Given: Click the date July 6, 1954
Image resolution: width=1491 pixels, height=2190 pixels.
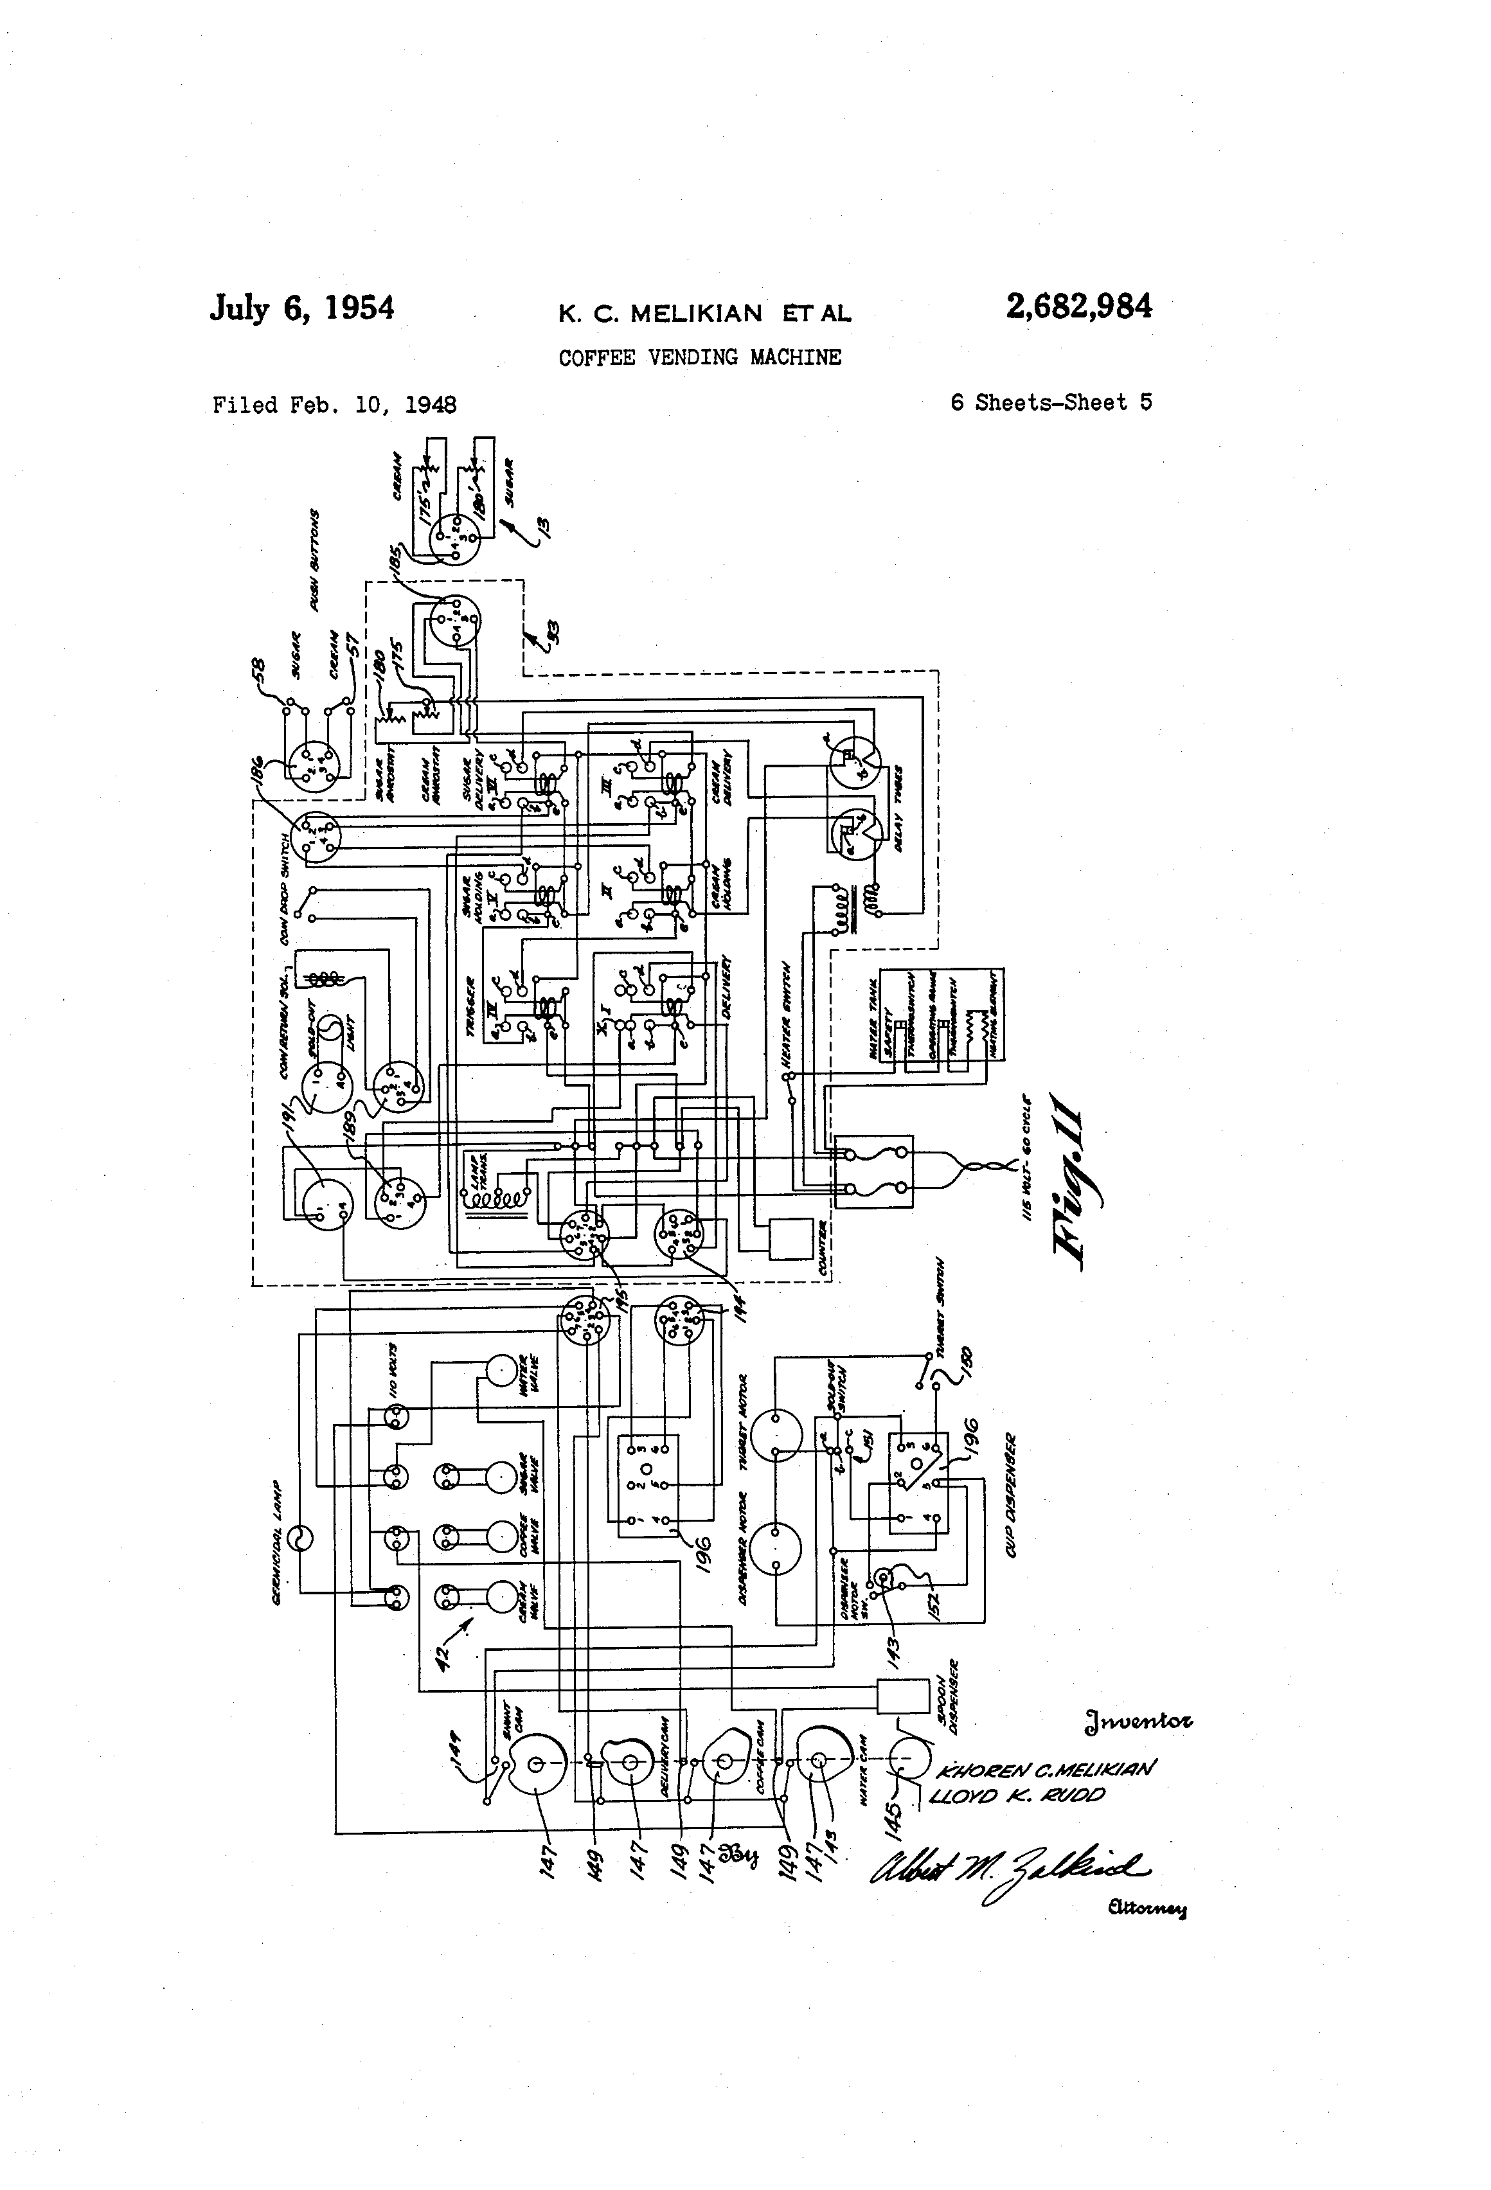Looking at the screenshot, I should coord(301,309).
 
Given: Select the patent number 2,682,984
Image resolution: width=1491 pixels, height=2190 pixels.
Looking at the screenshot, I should coord(1078,307).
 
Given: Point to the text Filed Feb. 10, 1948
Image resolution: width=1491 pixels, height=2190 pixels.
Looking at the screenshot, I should coord(335,405).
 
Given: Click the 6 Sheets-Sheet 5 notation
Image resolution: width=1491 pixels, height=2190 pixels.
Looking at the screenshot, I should coord(1051,402).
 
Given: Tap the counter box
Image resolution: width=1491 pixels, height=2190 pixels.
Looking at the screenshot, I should coord(790,1238).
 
